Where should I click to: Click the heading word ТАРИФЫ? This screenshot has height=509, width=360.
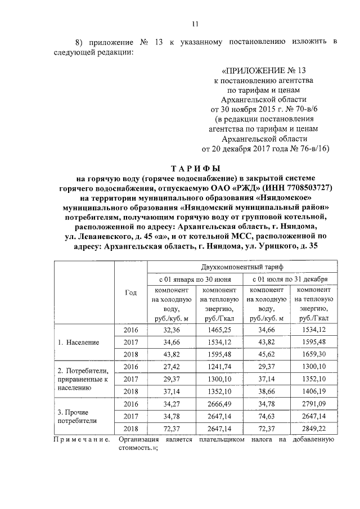tap(195, 168)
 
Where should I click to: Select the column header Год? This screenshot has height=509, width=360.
tap(130, 292)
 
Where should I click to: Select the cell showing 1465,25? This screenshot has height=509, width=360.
tap(218, 330)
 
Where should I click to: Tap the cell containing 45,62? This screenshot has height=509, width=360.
tap(265, 354)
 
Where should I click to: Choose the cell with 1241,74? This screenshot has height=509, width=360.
tap(218, 367)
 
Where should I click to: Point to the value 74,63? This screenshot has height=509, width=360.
tap(265, 416)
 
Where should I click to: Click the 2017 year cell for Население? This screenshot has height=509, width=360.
tap(130, 342)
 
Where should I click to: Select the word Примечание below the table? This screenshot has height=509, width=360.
tap(82, 439)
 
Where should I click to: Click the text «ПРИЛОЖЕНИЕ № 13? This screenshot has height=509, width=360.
tap(264, 71)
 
